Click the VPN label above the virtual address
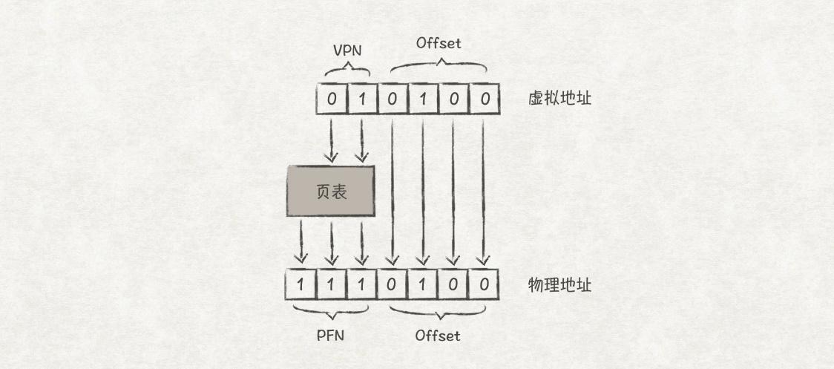[x=347, y=51]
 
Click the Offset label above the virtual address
[x=439, y=43]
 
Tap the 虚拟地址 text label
[x=559, y=98]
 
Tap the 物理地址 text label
[x=559, y=284]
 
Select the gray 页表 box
[x=331, y=192]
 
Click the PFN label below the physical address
[x=330, y=335]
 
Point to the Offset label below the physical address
[x=438, y=336]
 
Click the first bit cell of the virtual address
[x=332, y=99]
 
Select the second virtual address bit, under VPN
[x=362, y=99]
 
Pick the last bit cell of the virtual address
[x=484, y=99]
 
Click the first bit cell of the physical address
[x=301, y=284]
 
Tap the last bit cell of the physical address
[x=484, y=284]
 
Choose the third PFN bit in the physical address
[x=362, y=284]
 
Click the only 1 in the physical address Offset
[x=423, y=284]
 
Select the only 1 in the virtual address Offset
[x=423, y=99]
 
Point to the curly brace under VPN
[x=347, y=71]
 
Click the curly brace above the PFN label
[x=330, y=310]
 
